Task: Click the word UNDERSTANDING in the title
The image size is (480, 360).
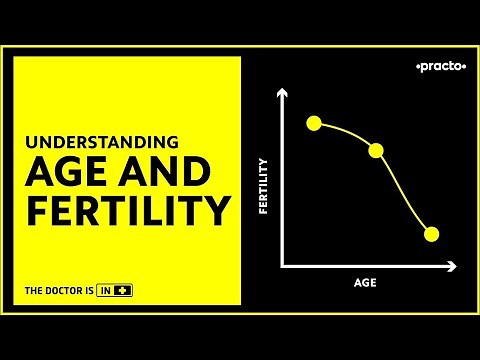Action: pos(102,142)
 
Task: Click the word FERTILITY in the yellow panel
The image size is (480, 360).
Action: pos(128,212)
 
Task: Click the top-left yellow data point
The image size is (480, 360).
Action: pos(314,123)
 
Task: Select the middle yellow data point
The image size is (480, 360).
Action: pos(377,150)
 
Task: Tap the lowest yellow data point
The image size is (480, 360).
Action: pos(432,234)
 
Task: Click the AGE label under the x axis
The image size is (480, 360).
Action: pos(365,283)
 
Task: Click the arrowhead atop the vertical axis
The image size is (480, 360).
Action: pos(284,93)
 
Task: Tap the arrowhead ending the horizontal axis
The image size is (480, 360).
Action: pos(454,266)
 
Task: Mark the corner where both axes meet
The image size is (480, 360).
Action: pos(284,266)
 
